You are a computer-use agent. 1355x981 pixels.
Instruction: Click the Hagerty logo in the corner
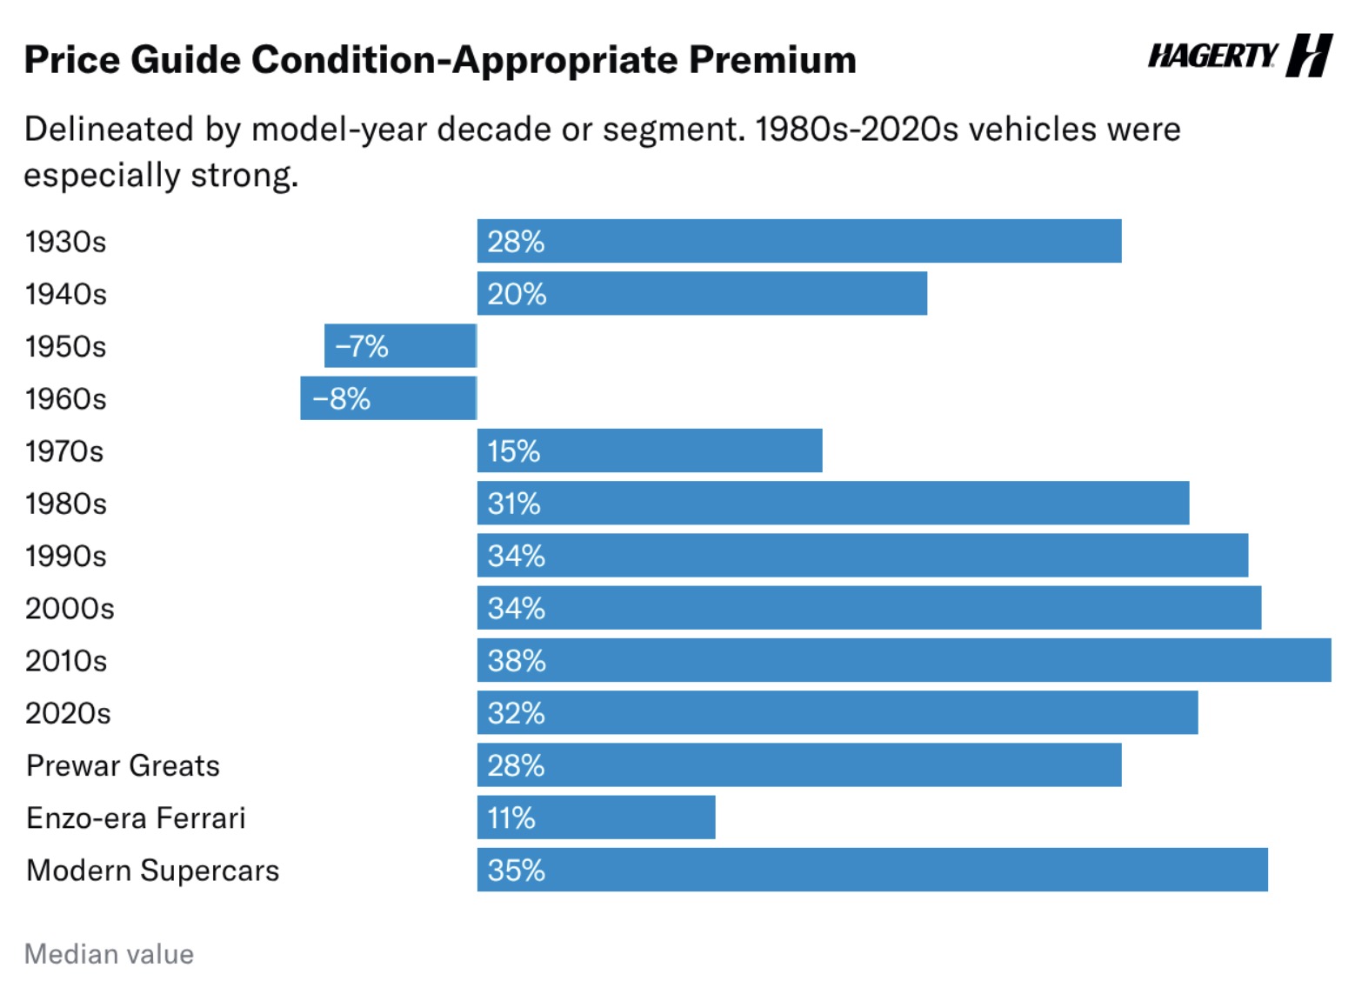point(1240,56)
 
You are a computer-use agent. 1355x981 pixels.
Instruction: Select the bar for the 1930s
point(799,241)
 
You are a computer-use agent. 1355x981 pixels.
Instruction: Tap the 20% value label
point(517,294)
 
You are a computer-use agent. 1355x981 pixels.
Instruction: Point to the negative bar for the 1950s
point(400,346)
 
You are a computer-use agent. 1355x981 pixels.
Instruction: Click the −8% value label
point(341,398)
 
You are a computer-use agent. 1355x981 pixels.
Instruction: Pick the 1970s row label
point(64,451)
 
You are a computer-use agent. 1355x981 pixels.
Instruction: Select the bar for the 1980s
point(833,504)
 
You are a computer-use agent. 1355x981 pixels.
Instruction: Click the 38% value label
point(517,660)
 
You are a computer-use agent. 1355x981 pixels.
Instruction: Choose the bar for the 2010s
point(904,660)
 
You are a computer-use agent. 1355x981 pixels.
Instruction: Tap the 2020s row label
point(68,713)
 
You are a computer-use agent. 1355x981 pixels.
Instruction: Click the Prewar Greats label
point(123,765)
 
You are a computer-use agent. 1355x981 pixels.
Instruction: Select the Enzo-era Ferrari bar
point(596,817)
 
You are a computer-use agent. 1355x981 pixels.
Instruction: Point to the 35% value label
point(516,871)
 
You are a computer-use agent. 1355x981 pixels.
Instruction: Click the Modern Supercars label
point(152,871)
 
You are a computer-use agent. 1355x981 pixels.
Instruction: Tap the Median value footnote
point(109,954)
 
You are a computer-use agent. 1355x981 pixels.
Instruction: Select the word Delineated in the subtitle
point(109,129)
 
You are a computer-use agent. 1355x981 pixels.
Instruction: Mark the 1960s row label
point(65,398)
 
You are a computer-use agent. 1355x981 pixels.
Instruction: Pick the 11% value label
point(511,817)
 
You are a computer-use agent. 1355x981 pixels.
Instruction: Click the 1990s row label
point(65,556)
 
